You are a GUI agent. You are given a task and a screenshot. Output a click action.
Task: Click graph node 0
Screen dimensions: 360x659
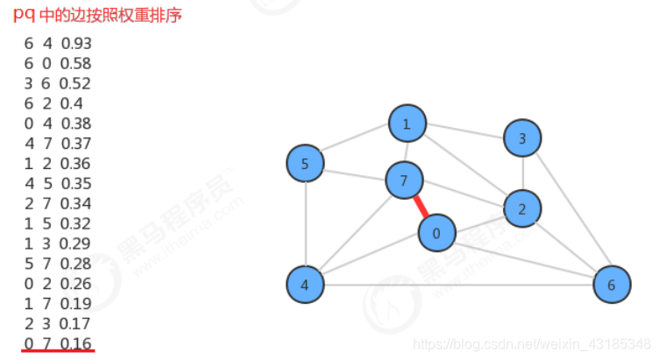436,233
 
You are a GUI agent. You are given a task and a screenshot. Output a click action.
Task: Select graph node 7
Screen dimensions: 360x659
404,181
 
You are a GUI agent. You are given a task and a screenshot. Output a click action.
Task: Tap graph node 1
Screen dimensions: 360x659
407,124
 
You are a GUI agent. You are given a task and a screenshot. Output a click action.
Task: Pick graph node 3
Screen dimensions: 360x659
522,138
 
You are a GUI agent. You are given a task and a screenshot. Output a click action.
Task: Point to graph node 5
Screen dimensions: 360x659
305,163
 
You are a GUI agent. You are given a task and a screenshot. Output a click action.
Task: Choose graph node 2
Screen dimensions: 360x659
522,208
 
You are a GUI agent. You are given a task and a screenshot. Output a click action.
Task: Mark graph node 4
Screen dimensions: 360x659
305,284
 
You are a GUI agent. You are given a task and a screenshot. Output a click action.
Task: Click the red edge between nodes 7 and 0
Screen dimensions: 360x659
421,208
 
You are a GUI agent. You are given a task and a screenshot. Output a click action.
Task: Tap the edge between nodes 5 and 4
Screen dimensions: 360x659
305,223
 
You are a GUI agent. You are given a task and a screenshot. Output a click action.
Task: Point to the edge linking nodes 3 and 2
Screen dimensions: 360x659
522,173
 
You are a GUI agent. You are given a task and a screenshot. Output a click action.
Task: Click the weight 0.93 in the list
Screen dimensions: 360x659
76,44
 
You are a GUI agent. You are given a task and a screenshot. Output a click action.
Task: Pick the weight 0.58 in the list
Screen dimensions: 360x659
76,64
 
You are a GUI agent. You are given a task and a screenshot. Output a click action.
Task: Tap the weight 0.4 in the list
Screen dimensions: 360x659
72,103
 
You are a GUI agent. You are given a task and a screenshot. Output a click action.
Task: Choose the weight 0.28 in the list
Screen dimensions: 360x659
76,263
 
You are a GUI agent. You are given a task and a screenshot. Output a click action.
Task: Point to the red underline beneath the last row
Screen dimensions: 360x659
58,352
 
